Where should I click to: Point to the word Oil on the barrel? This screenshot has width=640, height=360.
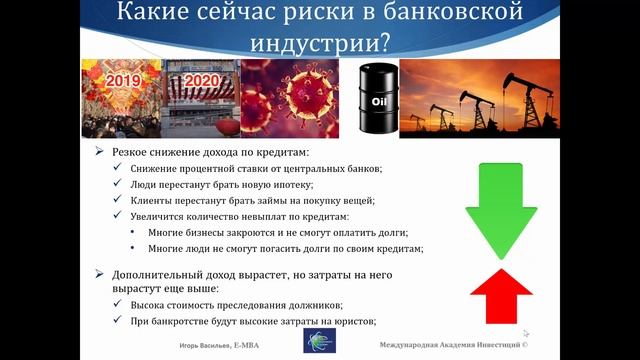coord(377,101)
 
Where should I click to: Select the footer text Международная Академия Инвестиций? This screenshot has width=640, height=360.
coord(460,343)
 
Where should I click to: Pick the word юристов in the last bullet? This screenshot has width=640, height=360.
coord(353,321)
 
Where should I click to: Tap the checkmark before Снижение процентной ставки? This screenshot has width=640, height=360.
coord(119,169)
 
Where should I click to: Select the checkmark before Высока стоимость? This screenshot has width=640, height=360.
coord(119,304)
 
